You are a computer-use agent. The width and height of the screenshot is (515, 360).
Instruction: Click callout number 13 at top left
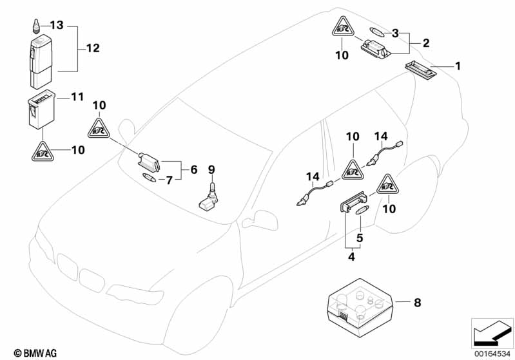click(57, 25)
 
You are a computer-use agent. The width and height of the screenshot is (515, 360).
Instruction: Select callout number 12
click(93, 48)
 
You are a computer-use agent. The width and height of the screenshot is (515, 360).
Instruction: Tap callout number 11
click(77, 97)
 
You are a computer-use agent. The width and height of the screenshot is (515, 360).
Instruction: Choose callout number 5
click(360, 237)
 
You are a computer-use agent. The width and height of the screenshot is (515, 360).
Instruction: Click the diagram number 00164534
click(492, 352)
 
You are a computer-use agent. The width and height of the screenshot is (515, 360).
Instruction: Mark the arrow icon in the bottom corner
click(492, 332)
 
